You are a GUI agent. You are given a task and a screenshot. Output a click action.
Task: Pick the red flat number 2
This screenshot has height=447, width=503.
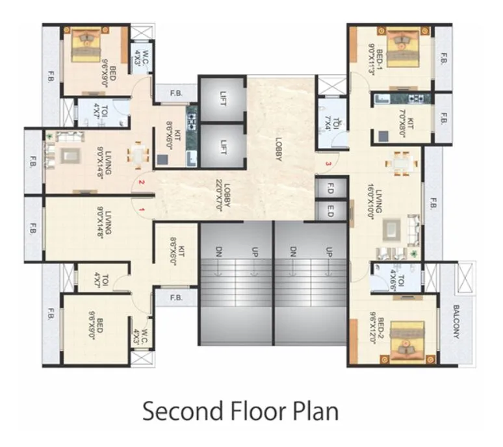tap(141, 184)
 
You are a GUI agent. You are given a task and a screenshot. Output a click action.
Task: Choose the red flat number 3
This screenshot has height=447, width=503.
tap(329, 163)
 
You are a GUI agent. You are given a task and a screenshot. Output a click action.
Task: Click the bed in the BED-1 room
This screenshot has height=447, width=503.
tap(406, 47)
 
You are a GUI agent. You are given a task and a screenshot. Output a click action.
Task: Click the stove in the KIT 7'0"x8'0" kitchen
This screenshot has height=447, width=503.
tap(415, 99)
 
